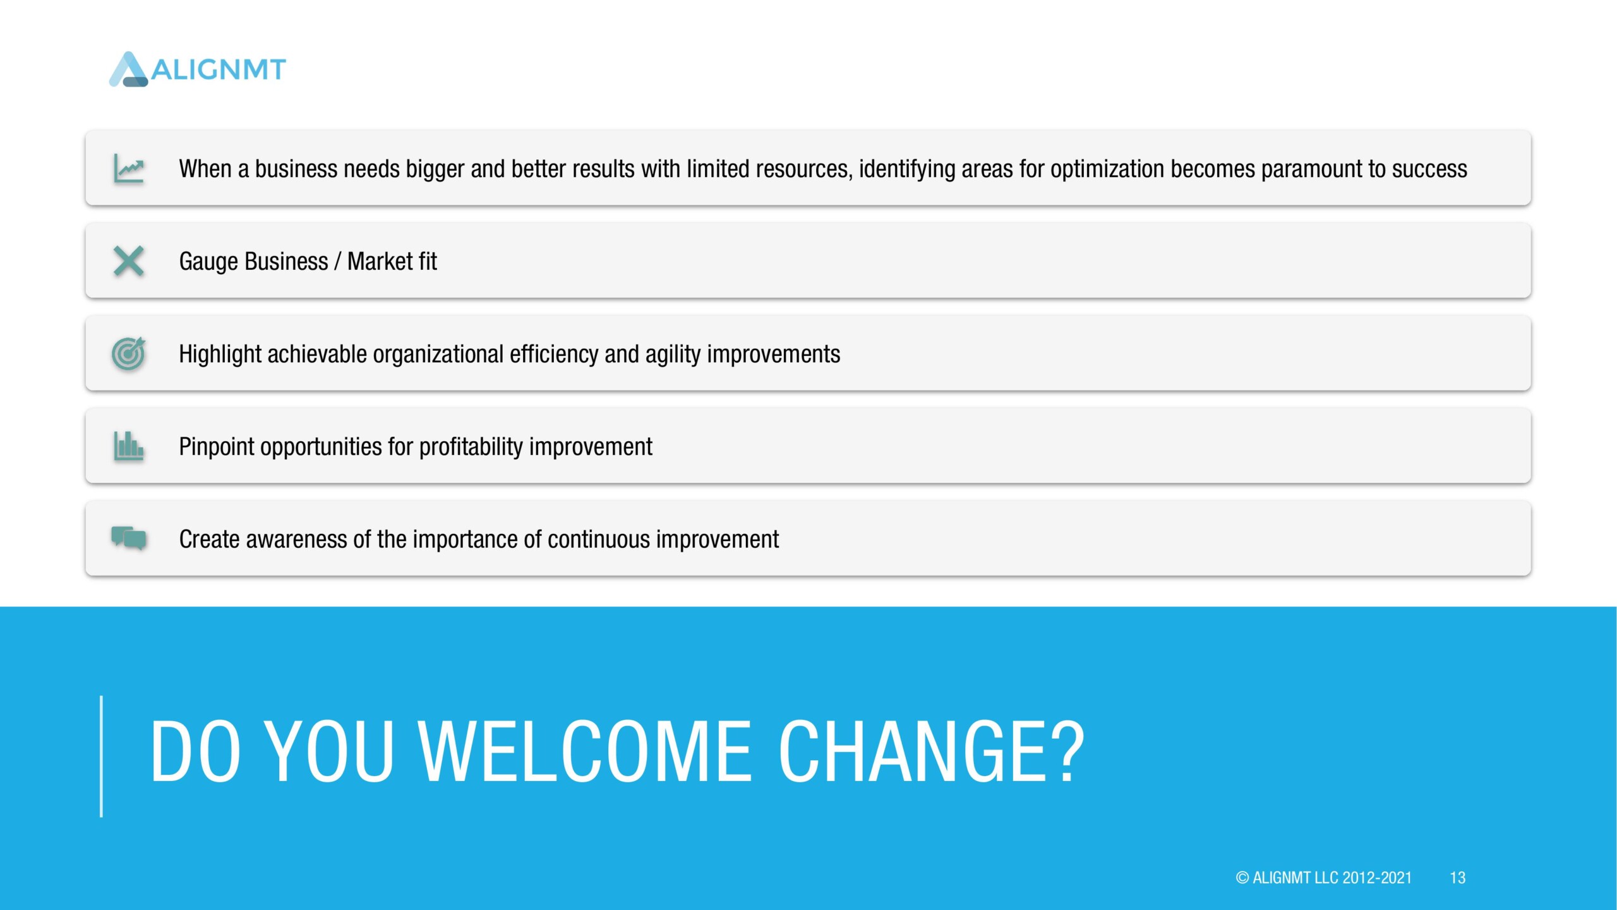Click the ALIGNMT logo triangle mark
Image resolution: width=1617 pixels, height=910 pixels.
tap(129, 70)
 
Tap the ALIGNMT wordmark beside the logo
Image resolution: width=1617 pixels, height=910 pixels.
tap(219, 70)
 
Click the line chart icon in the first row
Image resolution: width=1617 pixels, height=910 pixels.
tap(129, 169)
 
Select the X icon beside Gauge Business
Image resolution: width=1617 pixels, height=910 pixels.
tap(129, 261)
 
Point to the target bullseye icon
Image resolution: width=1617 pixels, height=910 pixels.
tap(129, 353)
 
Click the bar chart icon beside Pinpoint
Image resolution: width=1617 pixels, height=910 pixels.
tap(129, 446)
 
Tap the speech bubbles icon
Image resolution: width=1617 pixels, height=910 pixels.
tap(129, 538)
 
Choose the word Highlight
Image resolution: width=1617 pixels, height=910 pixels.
tap(220, 355)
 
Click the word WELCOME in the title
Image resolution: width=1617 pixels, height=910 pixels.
tap(585, 751)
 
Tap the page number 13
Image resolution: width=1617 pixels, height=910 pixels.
tap(1457, 878)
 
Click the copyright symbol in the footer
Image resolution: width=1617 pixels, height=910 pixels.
tap(1242, 878)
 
